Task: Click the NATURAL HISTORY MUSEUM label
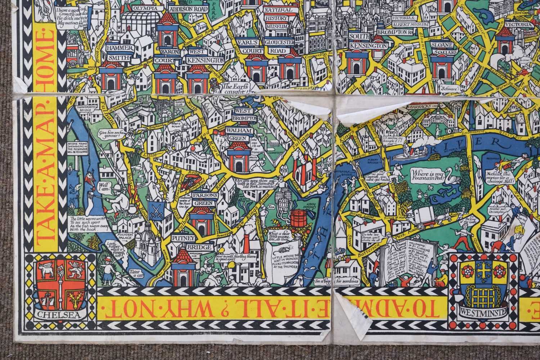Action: pos(276,18)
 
